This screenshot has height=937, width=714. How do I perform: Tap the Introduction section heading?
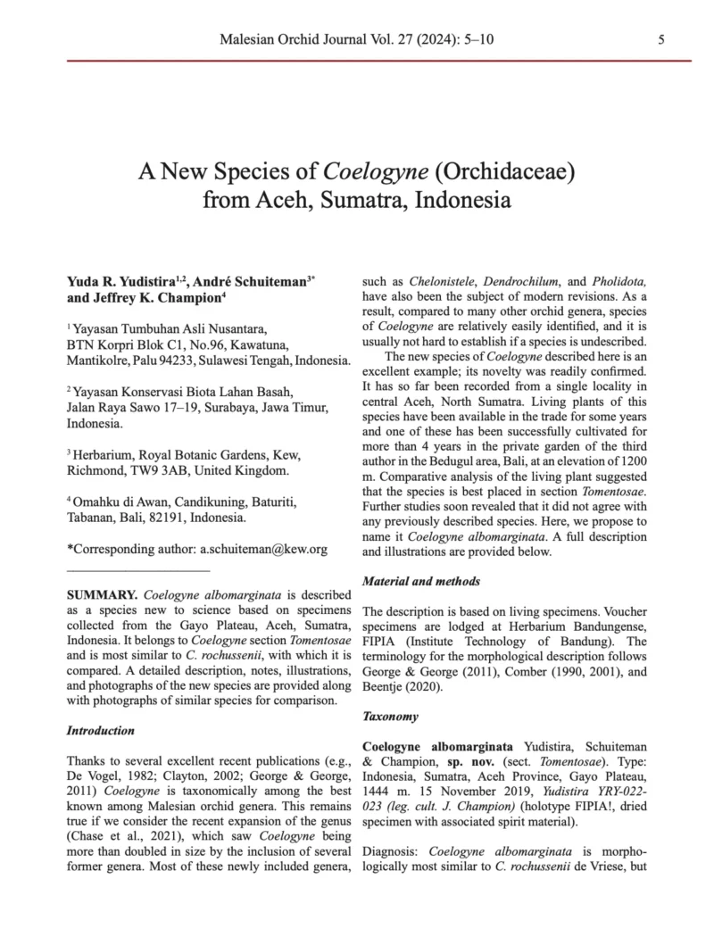(101, 730)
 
